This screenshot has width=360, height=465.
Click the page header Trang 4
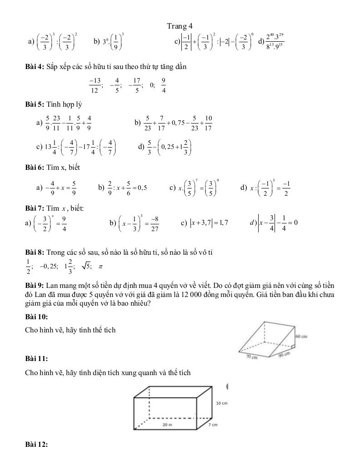[180, 26]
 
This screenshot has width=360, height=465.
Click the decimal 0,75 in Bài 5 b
[175, 122]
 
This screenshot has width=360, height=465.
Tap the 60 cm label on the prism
[301, 336]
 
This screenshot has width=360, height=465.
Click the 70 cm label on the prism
[252, 357]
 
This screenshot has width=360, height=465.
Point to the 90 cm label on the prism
[284, 356]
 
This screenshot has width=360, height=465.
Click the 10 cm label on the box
[221, 403]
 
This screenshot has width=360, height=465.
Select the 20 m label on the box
[167, 424]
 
